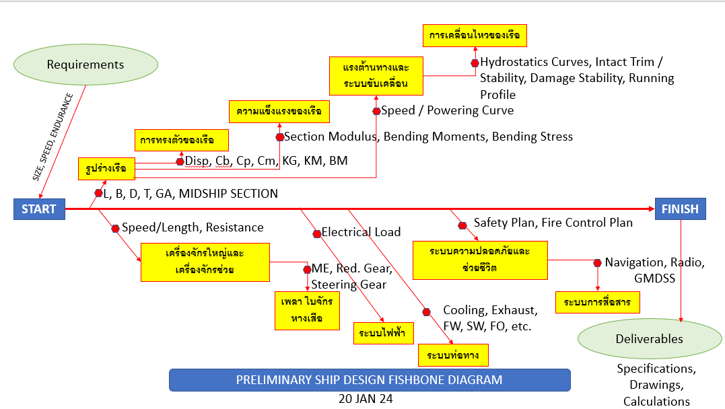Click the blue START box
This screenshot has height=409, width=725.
(x=39, y=209)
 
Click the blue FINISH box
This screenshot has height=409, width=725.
(x=680, y=209)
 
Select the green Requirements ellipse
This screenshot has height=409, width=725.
(x=85, y=65)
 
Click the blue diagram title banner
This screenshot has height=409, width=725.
(x=369, y=380)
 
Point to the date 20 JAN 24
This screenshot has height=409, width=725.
(x=366, y=398)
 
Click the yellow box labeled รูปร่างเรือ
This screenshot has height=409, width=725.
(x=106, y=169)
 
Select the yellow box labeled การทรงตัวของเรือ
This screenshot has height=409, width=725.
(x=181, y=141)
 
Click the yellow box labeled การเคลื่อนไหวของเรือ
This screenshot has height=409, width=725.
(x=475, y=36)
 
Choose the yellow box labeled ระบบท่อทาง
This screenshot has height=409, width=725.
(x=452, y=355)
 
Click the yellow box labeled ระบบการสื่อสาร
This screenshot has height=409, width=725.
(x=597, y=302)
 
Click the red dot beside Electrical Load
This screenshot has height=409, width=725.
(x=317, y=233)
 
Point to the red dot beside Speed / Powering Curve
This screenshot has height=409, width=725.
(x=376, y=111)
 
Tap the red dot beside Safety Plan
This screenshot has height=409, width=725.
(x=462, y=225)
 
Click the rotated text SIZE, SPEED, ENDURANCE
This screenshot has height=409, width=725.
(x=53, y=137)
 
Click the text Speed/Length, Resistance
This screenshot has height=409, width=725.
(x=193, y=227)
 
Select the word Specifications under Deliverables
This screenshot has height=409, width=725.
(x=656, y=369)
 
